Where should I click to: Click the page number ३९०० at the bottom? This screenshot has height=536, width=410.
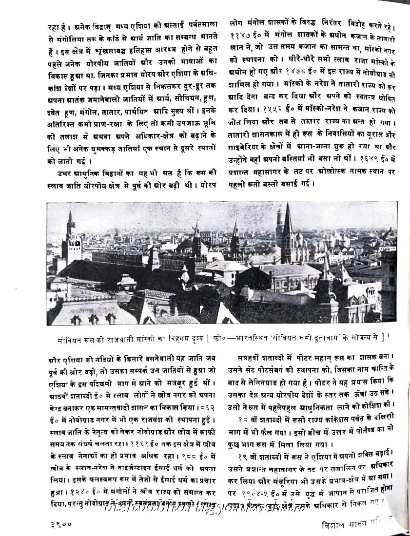(x=60, y=525)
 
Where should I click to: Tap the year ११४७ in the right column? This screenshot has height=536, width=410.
(x=240, y=36)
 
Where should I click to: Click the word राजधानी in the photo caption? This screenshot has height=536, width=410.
(x=115, y=336)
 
